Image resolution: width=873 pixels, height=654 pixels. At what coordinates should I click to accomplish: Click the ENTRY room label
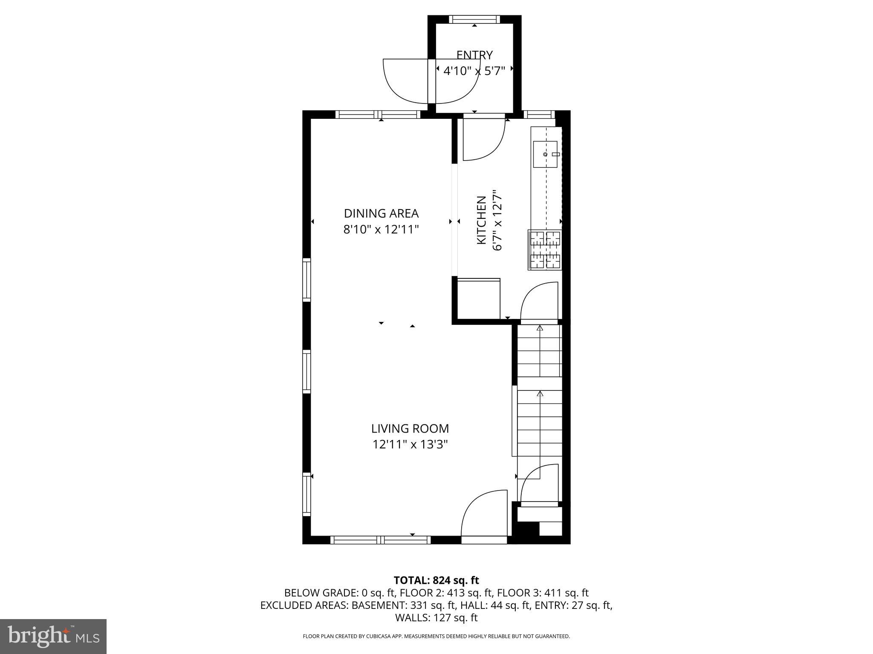coord(474,55)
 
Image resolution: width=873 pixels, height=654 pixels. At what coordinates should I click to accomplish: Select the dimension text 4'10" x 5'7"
coord(474,71)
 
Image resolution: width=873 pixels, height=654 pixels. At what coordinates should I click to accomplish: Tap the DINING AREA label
coord(381,213)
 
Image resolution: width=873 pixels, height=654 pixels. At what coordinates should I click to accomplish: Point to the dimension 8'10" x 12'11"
coord(381,229)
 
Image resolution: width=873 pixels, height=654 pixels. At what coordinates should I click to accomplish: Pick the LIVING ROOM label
coord(410,428)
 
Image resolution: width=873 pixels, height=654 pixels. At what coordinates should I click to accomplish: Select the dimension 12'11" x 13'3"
coord(410,445)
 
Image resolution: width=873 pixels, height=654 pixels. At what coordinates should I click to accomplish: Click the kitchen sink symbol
coord(545,154)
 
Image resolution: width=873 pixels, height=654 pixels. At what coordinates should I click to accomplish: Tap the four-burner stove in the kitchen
coord(545,250)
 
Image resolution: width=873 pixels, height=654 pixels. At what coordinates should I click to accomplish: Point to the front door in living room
coord(484,517)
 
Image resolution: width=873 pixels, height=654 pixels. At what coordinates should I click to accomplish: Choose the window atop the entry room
coord(474,19)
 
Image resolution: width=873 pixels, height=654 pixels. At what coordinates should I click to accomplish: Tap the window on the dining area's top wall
coord(378,115)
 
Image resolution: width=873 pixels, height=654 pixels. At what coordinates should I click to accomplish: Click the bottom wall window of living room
coord(381,540)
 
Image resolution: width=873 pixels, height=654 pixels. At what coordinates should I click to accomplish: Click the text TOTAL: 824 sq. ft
coord(436,580)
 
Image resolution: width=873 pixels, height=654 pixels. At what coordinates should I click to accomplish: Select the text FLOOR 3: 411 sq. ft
coord(543,593)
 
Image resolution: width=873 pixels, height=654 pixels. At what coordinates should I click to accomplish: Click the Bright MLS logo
coord(53,636)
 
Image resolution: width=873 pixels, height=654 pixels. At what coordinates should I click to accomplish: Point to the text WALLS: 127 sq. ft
coord(436,618)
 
